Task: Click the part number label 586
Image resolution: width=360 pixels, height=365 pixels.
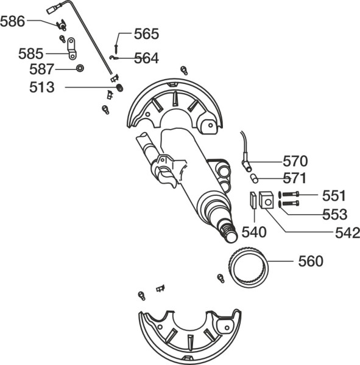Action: (x=13, y=21)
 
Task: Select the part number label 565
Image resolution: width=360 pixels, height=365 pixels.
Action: (x=146, y=33)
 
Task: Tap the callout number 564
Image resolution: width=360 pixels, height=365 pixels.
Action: (x=147, y=58)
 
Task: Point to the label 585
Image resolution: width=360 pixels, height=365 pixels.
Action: (x=31, y=54)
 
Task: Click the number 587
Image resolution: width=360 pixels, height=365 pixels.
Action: (x=42, y=69)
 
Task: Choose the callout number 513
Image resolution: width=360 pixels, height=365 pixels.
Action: (x=42, y=87)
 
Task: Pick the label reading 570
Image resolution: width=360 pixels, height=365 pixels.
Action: (x=295, y=161)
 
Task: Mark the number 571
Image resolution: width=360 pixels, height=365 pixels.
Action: (x=295, y=178)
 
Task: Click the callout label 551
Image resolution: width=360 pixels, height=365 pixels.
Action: (x=334, y=195)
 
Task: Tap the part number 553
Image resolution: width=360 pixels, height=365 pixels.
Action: (x=335, y=214)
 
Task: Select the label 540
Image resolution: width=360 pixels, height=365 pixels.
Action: (x=254, y=232)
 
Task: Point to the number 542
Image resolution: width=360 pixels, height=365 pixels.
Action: (x=348, y=233)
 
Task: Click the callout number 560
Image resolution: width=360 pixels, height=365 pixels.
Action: (x=311, y=261)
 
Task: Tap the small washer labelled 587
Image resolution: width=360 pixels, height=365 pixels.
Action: (x=80, y=68)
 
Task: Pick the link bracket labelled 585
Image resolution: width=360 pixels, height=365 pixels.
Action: (x=72, y=49)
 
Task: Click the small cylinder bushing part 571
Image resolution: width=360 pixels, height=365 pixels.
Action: (x=254, y=178)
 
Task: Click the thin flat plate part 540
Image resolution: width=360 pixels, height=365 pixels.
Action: (x=253, y=200)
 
